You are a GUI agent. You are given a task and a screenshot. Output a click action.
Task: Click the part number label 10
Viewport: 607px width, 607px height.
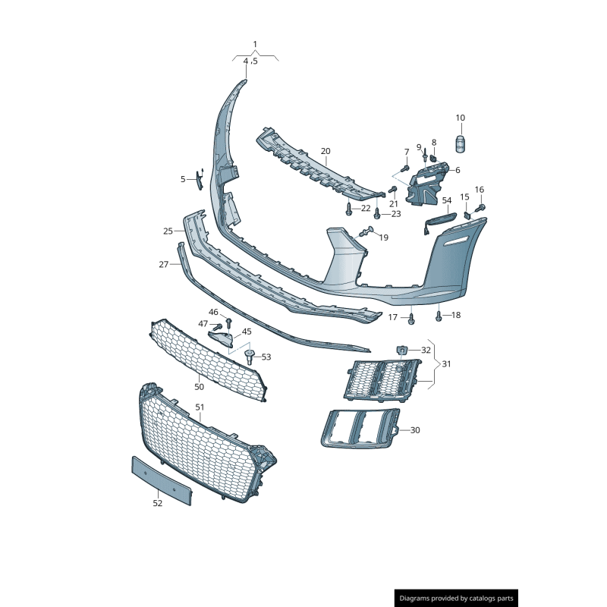(x=461, y=118)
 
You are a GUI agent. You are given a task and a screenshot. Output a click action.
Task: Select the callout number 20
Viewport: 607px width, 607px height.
(x=326, y=151)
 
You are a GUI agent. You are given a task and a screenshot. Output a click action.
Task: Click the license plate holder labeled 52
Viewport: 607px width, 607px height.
(x=162, y=480)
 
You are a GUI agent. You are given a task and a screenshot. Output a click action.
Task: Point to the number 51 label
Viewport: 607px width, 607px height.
(x=200, y=407)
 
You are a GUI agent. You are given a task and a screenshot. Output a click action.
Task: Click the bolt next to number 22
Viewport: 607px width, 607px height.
(x=348, y=207)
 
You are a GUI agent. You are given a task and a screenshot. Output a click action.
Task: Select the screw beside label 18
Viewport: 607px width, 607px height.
(x=439, y=314)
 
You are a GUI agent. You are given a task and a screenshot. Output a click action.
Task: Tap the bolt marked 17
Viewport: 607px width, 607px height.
(x=411, y=319)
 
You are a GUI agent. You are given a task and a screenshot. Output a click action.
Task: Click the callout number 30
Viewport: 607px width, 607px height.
(x=415, y=430)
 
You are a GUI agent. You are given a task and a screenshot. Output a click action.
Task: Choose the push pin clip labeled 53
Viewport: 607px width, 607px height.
(x=249, y=356)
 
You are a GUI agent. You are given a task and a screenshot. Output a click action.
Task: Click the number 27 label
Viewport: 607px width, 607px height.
(x=163, y=264)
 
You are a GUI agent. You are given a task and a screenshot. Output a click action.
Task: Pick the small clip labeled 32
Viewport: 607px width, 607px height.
(x=401, y=349)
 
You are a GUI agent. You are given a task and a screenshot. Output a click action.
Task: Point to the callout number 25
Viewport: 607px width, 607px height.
(x=168, y=231)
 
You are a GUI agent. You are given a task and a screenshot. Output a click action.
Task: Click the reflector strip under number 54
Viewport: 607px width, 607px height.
(x=439, y=220)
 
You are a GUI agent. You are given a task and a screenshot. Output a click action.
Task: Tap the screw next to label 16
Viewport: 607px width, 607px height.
(x=480, y=206)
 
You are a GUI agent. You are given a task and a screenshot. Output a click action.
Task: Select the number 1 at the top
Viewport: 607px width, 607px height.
(x=255, y=44)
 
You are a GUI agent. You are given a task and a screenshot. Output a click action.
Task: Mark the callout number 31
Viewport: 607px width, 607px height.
(x=446, y=364)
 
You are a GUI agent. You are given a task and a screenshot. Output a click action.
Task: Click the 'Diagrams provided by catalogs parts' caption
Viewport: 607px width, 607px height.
(x=457, y=599)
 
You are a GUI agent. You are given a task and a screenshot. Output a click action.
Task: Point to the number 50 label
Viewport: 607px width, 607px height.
(x=199, y=387)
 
